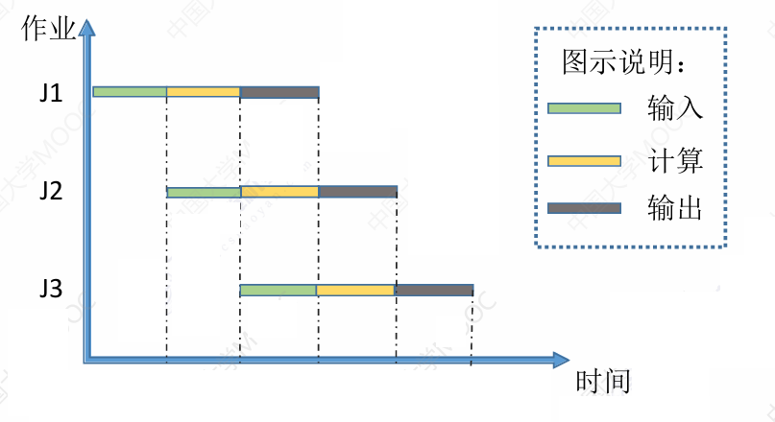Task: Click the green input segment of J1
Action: [x=130, y=92]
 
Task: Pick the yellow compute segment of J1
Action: [x=203, y=92]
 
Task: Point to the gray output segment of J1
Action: [x=279, y=92]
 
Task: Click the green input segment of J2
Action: [x=203, y=192]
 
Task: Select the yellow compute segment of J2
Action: [x=279, y=192]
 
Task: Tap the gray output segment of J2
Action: [x=357, y=192]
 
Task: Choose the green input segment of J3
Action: [x=279, y=290]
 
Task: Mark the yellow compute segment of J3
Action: [x=355, y=290]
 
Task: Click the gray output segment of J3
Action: [x=434, y=290]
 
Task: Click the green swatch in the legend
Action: [x=584, y=107]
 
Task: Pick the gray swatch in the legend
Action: [x=584, y=208]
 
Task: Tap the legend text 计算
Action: [x=675, y=160]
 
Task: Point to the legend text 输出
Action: [x=675, y=208]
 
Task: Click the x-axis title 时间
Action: [x=603, y=382]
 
